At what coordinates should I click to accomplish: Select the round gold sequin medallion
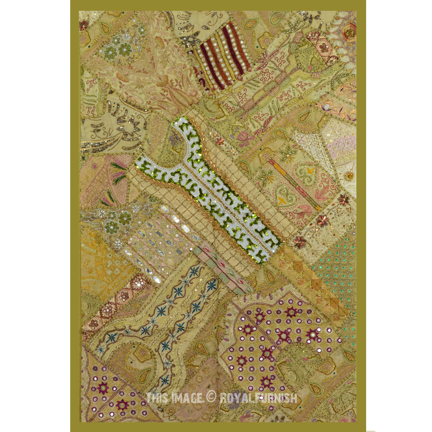pyautogui.click(x=348, y=176)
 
